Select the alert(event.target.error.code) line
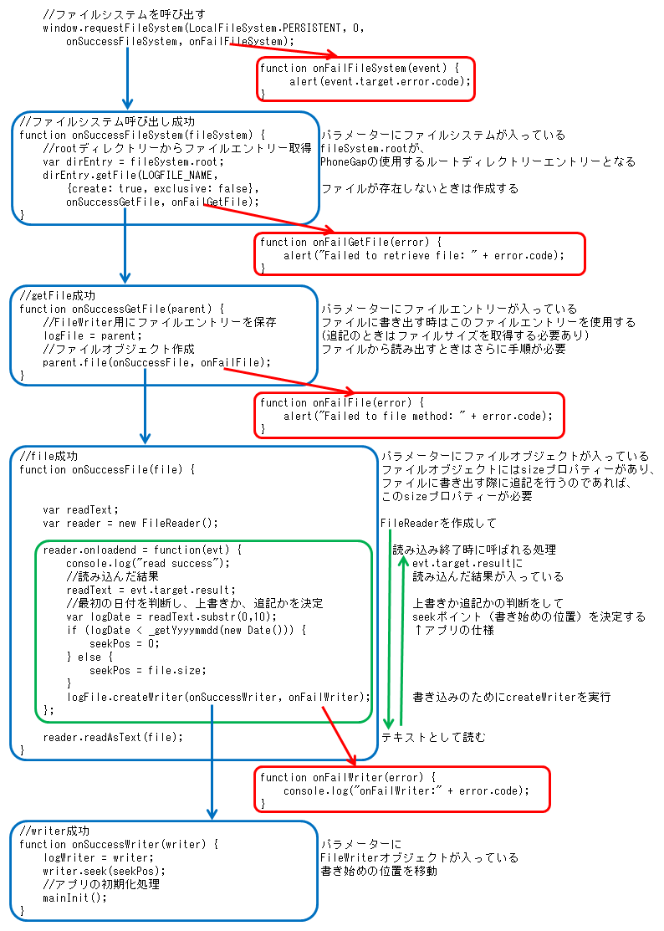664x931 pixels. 381,81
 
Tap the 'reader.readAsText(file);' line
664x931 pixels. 113,737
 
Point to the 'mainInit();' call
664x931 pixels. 75,898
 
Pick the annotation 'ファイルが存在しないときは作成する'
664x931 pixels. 419,188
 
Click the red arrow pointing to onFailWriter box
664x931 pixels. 338,734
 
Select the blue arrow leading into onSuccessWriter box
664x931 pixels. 212,761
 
